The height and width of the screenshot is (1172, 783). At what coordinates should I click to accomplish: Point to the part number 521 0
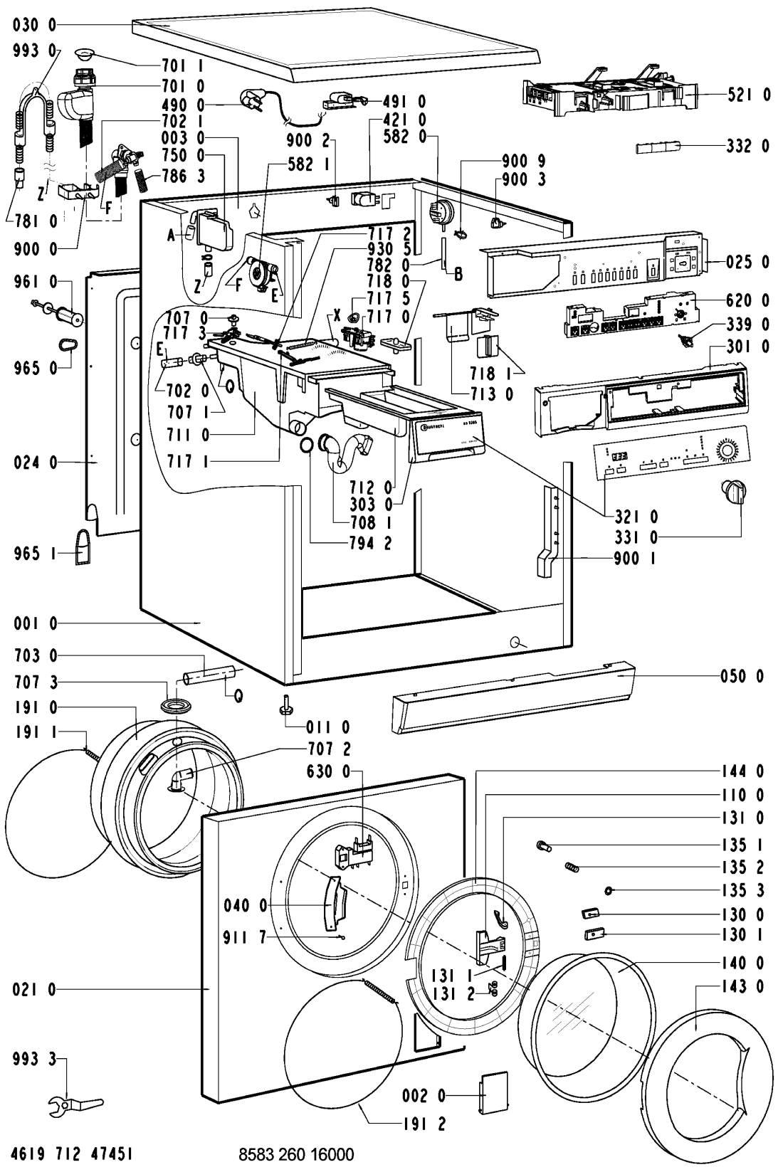[747, 95]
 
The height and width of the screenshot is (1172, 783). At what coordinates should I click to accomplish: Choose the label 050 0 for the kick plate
[741, 677]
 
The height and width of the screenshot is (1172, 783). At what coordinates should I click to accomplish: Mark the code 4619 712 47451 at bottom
[75, 1153]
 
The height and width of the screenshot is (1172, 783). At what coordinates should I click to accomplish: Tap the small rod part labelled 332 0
[658, 147]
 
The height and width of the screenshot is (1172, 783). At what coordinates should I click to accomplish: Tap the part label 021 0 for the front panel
[33, 990]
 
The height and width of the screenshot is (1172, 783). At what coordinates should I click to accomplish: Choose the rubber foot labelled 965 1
[83, 547]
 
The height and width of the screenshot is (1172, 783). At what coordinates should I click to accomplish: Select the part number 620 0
[747, 301]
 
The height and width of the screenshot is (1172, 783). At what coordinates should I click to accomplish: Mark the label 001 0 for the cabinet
[33, 624]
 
